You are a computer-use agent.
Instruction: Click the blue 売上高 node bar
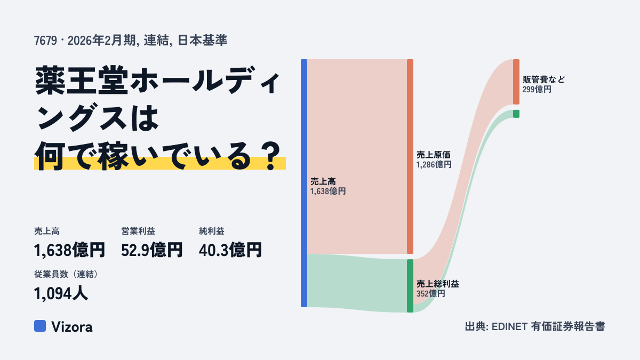[304, 183]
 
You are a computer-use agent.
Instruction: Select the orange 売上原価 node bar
[410, 157]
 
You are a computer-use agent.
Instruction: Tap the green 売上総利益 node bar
[410, 286]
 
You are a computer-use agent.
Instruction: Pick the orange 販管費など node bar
[516, 82]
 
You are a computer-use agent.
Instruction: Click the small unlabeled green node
[516, 114]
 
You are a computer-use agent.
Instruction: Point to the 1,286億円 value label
[434, 165]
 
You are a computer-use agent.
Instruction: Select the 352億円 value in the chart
[430, 294]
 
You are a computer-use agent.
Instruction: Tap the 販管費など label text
[543, 79]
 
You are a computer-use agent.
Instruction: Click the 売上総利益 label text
[438, 284]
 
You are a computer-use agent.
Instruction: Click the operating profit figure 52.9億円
[151, 250]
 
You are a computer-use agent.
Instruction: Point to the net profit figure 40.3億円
[230, 250]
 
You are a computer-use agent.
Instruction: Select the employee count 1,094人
[61, 294]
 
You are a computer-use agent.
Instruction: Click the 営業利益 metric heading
[138, 231]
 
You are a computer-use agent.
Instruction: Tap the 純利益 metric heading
[212, 231]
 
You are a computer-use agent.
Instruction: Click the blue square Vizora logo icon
[40, 326]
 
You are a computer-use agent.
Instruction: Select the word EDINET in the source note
[509, 326]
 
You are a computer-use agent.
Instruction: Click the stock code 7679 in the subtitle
[46, 41]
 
